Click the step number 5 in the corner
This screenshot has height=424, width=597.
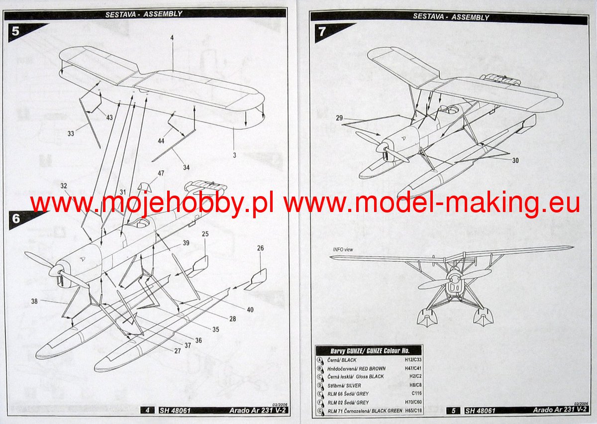point(15,31)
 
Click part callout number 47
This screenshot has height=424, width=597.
point(160,174)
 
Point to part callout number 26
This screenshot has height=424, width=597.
point(260,248)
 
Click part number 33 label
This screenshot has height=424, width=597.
point(71,133)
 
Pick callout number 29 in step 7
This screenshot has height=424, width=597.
point(340,118)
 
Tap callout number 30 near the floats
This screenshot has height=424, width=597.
point(515,160)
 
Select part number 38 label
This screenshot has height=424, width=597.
point(34,302)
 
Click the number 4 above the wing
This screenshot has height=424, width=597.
point(171,38)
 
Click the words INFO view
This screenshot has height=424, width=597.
point(343,249)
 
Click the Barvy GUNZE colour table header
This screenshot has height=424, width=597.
point(368,350)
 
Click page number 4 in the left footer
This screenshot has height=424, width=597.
point(147,411)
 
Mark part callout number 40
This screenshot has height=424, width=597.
point(250,310)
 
